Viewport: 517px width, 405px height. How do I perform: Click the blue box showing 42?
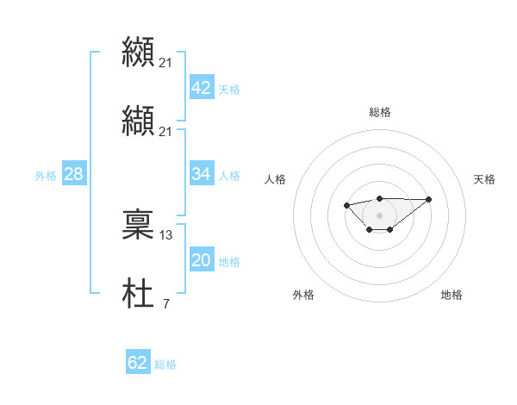click(x=201, y=88)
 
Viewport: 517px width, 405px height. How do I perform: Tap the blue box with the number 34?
click(x=201, y=174)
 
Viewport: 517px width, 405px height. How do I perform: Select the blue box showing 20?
click(x=201, y=260)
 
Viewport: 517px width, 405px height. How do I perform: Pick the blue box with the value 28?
click(x=74, y=174)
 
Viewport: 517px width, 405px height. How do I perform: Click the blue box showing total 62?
click(x=138, y=363)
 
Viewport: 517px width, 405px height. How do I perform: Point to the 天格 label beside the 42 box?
click(x=229, y=90)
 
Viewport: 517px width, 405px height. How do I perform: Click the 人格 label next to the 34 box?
click(x=229, y=176)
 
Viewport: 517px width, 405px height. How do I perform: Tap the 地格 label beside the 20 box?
click(x=229, y=262)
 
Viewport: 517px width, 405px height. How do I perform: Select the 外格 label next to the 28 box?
click(x=46, y=176)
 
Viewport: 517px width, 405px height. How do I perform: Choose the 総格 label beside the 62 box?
click(x=165, y=364)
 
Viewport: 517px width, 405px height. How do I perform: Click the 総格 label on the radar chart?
click(x=379, y=112)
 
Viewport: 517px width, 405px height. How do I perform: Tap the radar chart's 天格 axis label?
click(x=484, y=179)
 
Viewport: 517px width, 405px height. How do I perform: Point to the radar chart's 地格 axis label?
click(x=452, y=295)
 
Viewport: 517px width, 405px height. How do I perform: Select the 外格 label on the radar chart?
click(x=303, y=295)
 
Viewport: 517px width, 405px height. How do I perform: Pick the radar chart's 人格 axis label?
click(x=276, y=179)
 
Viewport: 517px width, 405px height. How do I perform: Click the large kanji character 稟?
click(x=138, y=224)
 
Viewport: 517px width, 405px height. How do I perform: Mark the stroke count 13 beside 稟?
click(x=166, y=234)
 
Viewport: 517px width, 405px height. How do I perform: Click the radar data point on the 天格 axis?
click(x=429, y=199)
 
